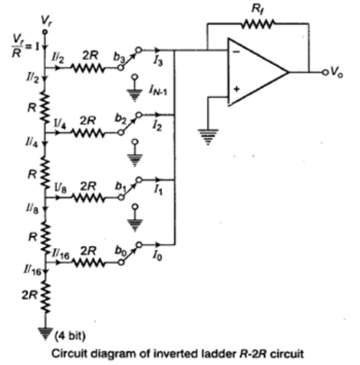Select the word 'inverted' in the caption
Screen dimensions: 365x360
(x=170, y=352)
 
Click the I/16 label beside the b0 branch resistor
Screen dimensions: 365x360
(x=67, y=250)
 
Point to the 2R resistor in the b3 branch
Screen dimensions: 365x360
(x=87, y=68)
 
